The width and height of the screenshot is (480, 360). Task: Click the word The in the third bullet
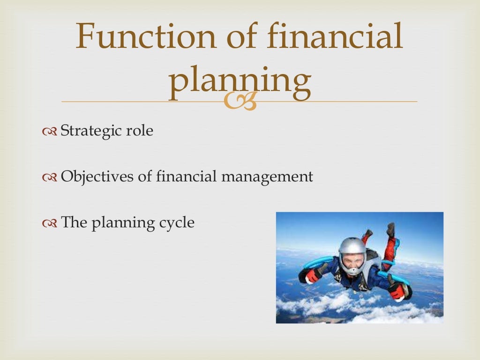click(72, 222)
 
